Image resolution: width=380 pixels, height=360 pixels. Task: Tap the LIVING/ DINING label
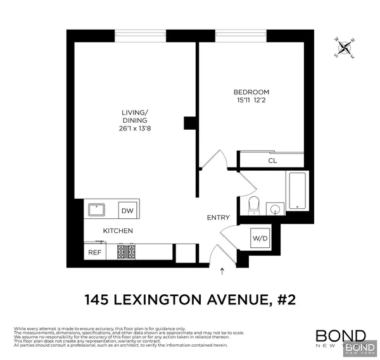(134, 118)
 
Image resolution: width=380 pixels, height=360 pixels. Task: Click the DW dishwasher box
(128, 211)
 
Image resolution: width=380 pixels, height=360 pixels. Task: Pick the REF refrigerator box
(94, 252)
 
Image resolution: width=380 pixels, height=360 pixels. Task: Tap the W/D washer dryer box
(260, 239)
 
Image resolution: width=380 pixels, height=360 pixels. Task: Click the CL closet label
(272, 161)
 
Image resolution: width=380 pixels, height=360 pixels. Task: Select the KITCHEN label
(118, 231)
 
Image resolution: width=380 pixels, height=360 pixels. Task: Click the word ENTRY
(218, 218)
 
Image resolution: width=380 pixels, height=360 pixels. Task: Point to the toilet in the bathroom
(253, 204)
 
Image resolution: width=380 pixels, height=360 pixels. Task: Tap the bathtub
(296, 190)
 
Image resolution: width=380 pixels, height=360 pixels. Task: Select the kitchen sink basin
(98, 209)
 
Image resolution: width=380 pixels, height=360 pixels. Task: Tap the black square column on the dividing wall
(189, 123)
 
